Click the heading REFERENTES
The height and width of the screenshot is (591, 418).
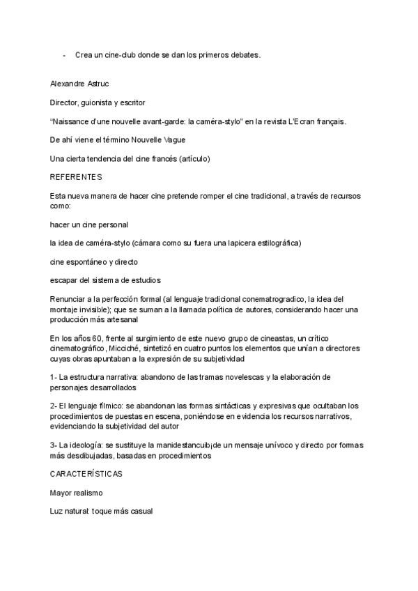click(x=76, y=177)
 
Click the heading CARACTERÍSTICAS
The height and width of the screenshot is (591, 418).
click(x=86, y=473)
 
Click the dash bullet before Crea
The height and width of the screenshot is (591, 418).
click(x=64, y=55)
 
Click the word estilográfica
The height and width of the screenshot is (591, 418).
click(x=268, y=243)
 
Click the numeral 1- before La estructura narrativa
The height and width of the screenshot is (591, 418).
click(x=54, y=377)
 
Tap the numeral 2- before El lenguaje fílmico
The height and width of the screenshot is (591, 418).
click(x=54, y=406)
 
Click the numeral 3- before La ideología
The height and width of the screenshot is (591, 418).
click(x=54, y=445)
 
